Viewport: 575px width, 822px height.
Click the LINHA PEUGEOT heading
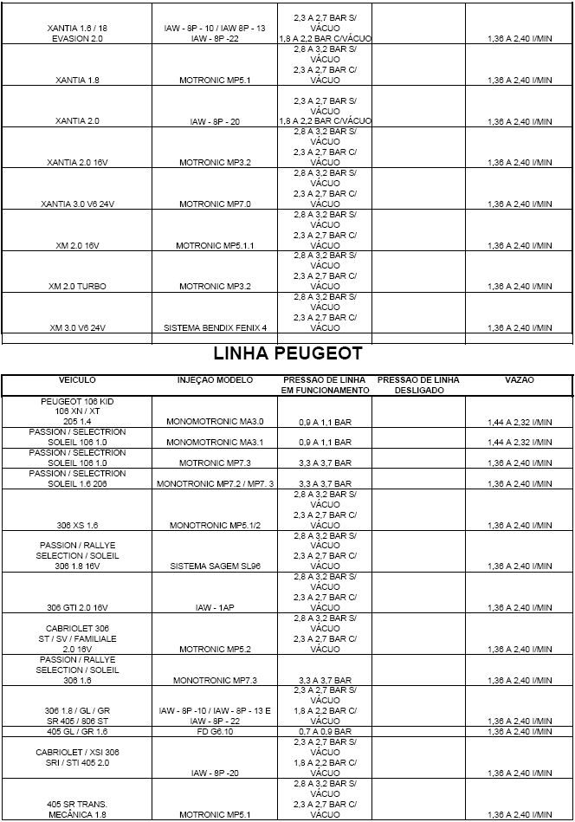click(287, 354)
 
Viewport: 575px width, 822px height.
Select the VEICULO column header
click(77, 380)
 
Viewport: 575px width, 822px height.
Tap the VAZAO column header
click(520, 380)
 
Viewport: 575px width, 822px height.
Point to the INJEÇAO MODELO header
click(215, 380)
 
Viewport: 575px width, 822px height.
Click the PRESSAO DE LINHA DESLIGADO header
click(419, 385)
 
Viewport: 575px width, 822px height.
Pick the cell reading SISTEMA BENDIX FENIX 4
click(215, 328)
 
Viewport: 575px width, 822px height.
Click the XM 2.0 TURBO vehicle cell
click(77, 287)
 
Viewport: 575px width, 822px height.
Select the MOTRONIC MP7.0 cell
click(215, 204)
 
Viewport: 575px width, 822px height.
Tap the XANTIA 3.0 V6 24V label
click(77, 204)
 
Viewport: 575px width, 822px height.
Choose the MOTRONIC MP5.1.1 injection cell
click(215, 246)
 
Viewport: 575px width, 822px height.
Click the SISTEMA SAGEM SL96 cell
click(215, 566)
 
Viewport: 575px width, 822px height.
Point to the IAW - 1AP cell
click(215, 608)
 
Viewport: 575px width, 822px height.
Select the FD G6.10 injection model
click(215, 732)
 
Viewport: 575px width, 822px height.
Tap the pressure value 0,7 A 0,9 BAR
click(325, 732)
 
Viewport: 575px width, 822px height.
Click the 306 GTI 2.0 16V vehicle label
click(77, 608)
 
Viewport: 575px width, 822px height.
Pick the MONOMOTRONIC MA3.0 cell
click(215, 421)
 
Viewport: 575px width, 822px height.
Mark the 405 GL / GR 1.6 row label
click(77, 732)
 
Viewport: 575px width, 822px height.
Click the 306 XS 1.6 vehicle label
click(77, 525)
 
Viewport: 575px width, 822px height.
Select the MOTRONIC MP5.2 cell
click(215, 649)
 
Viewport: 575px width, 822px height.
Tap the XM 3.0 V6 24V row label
click(77, 328)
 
